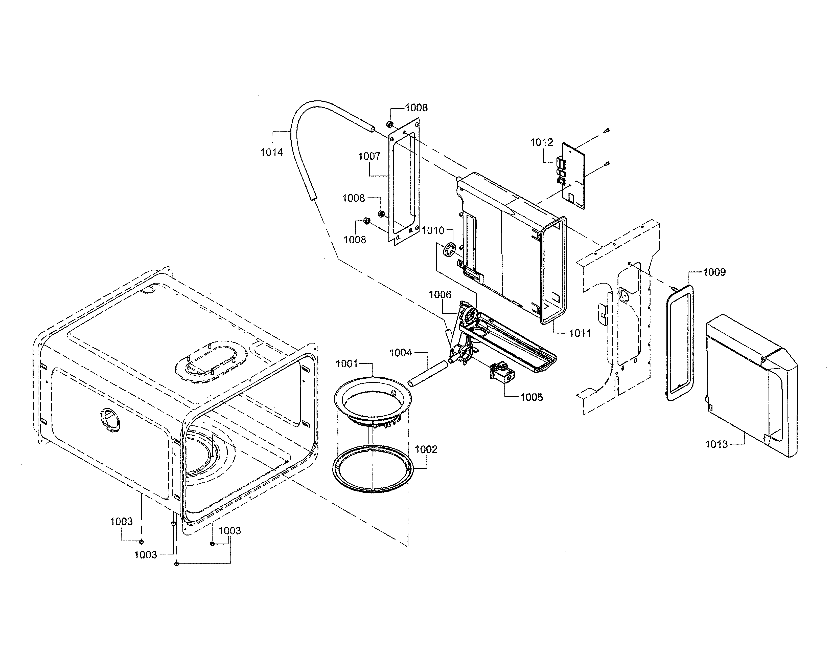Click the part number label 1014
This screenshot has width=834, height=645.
[271, 153]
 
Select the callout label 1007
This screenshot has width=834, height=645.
[369, 156]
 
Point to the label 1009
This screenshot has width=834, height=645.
[714, 272]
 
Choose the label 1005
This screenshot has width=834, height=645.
[531, 397]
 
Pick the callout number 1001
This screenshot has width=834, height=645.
[346, 364]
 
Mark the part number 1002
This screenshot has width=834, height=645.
[426, 449]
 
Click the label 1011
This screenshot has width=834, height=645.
[580, 333]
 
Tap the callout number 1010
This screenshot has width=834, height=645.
[433, 231]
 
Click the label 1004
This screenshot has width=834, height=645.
[400, 353]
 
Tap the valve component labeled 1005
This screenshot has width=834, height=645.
[502, 373]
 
